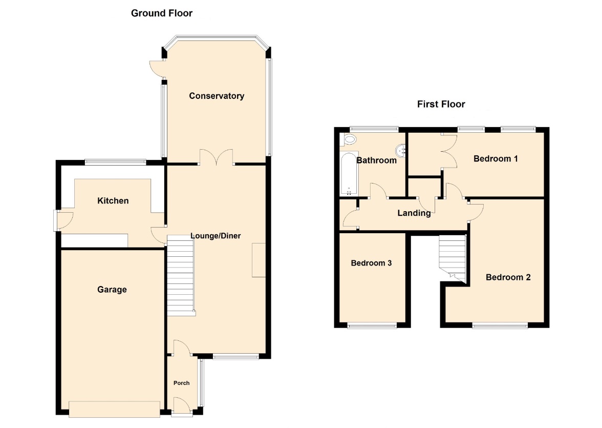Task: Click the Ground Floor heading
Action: coord(162,13)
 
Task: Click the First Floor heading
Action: coord(441,104)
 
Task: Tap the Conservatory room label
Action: coord(217,96)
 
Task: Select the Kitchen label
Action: coord(113,201)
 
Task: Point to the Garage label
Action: coord(112,290)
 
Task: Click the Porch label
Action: coord(182,383)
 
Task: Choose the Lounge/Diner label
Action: coord(216,236)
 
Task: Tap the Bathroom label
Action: coord(377,160)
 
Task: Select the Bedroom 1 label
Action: coord(496,159)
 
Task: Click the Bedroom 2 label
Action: coord(508,277)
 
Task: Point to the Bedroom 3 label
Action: coord(371,263)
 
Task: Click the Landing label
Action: coord(414,213)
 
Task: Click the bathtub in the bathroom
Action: coord(349,173)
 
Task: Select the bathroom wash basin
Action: coord(401,151)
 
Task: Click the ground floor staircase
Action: coord(181,275)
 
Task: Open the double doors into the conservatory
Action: coord(217,158)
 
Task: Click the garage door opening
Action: coord(115,409)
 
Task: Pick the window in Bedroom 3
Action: coord(372,325)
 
